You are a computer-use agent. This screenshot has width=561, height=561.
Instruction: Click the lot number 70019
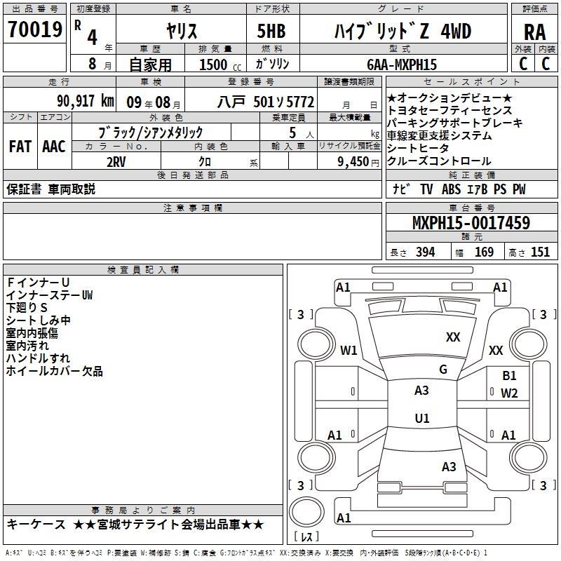[34, 29]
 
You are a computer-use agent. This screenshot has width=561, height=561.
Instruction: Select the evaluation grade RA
[534, 32]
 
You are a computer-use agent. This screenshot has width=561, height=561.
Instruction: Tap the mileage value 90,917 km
[85, 101]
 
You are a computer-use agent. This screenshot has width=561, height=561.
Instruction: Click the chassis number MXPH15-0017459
[471, 222]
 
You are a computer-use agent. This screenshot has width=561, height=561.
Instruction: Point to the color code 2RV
[116, 162]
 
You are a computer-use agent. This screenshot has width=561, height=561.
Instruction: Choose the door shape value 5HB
[271, 31]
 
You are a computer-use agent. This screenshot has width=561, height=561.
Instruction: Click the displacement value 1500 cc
[220, 65]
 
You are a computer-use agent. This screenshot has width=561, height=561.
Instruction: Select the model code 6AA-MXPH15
[402, 65]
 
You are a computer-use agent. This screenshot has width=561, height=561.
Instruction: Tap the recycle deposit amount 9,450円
[358, 162]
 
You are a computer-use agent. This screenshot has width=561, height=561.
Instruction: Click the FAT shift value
[20, 147]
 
